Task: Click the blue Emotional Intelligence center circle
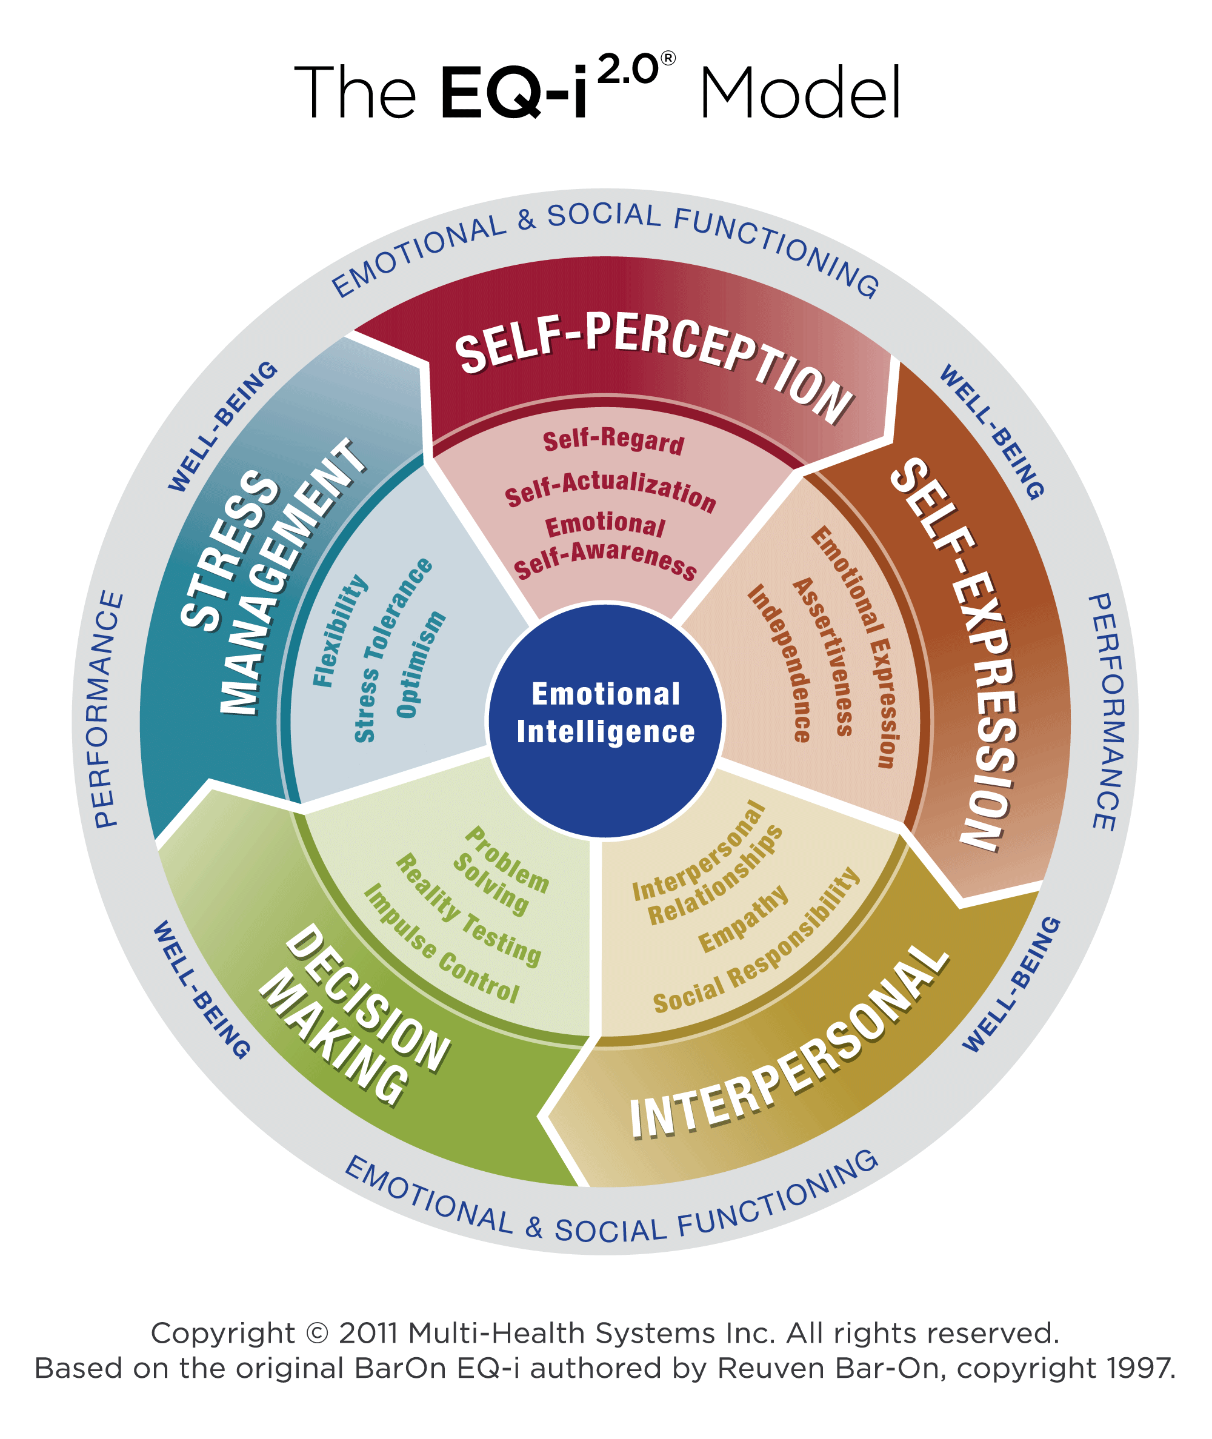coord(605,720)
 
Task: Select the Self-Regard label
coord(613,442)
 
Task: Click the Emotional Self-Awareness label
coord(605,547)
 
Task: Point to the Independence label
coord(781,663)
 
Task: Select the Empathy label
coord(744,919)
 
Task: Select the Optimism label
coord(421,665)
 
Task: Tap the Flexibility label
coord(340,631)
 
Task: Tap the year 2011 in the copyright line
coord(368,1333)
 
